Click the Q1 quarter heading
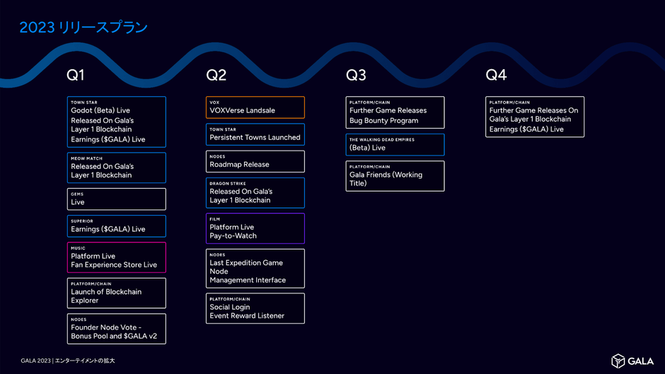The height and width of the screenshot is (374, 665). pos(76,75)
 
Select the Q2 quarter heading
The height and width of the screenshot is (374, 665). pos(216,75)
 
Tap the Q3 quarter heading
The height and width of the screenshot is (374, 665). pos(356,75)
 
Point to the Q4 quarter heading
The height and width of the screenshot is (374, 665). pos(496,75)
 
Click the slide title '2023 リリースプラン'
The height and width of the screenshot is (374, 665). pos(83,28)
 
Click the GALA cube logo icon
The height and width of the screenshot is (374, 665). pos(618,361)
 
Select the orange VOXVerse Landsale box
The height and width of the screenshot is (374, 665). pos(255,107)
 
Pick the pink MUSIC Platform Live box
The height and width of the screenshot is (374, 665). pos(117,257)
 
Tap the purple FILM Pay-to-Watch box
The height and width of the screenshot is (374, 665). pos(255,228)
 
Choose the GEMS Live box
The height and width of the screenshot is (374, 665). pos(117,199)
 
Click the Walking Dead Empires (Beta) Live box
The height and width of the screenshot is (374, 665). pos(395,144)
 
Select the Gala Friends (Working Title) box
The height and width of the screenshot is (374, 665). pos(395,176)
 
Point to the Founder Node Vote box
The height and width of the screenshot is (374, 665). pos(117,329)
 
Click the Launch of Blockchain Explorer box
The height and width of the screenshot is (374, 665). pos(117,293)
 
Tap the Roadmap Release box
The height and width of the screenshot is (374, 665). pos(255,161)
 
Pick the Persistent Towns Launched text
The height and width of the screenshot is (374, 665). pos(255,138)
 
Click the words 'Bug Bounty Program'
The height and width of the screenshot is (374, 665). pos(383,121)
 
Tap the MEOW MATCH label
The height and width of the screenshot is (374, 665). pos(87,158)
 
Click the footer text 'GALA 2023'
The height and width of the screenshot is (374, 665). pos(35,361)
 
